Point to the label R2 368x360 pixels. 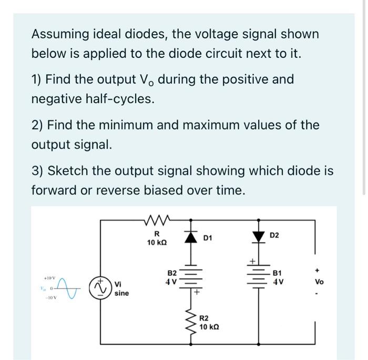click(x=205, y=317)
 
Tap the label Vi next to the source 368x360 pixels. click(x=119, y=284)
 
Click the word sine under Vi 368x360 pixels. click(x=121, y=293)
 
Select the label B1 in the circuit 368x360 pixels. click(x=278, y=273)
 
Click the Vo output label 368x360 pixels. click(x=319, y=282)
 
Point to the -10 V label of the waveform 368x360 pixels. click(x=49, y=297)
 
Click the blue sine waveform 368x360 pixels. click(x=72, y=287)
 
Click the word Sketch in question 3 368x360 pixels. click(x=62, y=171)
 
